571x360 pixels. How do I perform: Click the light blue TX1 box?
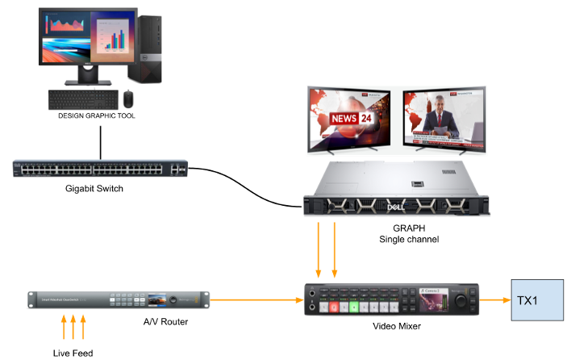tap(538, 300)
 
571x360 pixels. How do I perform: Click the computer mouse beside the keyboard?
tap(128, 98)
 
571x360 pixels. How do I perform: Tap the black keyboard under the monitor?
tap(83, 99)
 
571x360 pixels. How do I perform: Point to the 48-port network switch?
tap(100, 169)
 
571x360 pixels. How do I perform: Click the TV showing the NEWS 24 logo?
tap(348, 119)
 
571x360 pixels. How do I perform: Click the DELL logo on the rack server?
tap(396, 207)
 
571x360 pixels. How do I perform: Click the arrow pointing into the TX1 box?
tap(495, 300)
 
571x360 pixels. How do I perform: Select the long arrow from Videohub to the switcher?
tap(254, 300)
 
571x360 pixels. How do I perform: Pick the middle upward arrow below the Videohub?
tap(73, 328)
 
